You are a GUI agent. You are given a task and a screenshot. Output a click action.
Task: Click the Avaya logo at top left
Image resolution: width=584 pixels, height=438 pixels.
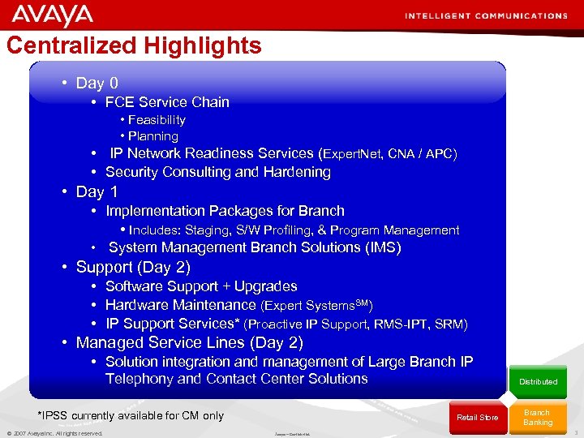pos(53,15)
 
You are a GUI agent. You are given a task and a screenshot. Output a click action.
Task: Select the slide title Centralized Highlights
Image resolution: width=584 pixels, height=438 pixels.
pos(134,45)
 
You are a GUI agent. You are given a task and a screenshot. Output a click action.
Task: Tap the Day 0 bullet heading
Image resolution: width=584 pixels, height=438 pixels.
pos(97,83)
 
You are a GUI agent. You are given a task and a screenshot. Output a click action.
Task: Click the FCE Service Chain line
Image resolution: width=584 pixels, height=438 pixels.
pos(167,102)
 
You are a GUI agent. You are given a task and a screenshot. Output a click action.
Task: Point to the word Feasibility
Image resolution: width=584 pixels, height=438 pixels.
pos(157,120)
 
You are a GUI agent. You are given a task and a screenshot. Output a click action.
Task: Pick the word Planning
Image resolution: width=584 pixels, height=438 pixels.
pos(152,136)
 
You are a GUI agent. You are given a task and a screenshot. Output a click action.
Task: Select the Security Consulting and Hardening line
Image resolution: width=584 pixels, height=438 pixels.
pos(217,172)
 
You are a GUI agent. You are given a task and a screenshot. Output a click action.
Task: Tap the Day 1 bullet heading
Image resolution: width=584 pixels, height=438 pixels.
pos(97,192)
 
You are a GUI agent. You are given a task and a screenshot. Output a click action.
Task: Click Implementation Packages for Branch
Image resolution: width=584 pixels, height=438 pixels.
pos(225,211)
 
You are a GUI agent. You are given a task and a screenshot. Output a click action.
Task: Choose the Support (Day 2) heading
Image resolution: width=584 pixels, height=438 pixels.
pos(132,267)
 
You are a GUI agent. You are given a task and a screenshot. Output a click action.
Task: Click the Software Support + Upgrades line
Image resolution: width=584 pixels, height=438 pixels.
pos(201,286)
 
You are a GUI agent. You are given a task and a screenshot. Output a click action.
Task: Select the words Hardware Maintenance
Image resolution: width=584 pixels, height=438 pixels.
pos(180,305)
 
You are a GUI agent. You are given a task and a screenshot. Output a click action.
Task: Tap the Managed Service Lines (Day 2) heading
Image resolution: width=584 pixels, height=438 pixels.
pos(189,342)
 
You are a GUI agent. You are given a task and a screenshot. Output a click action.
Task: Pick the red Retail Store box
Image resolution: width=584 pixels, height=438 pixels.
pos(477,417)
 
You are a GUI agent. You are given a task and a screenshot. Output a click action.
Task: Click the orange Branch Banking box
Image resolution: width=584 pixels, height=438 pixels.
pos(537,417)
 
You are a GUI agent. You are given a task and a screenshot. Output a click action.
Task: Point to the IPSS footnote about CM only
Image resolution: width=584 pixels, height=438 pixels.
pos(131,415)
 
